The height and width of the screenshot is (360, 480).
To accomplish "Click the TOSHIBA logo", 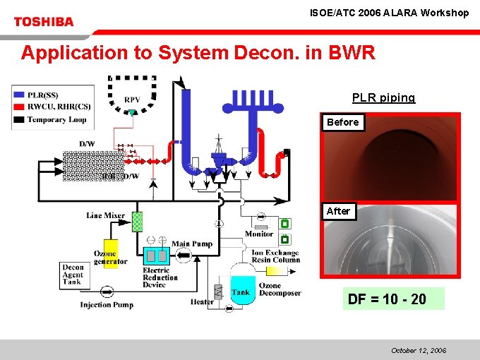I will tap(44, 21).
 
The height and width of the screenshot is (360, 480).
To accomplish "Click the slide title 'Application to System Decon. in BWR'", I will tap(198, 53).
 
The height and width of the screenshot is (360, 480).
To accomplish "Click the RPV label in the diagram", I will tap(132, 100).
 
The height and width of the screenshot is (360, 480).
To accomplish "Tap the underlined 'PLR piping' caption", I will tap(383, 98).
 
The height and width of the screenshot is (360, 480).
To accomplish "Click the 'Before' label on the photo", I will tap(342, 122).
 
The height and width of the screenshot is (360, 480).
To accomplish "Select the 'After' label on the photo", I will tap(338, 211).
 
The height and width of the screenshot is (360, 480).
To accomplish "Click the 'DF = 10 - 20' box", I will tap(393, 299).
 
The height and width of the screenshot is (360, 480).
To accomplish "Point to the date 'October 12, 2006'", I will tap(419, 350).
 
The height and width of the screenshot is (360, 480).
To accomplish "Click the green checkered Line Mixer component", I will tap(138, 221).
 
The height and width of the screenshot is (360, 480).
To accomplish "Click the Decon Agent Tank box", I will tap(73, 275).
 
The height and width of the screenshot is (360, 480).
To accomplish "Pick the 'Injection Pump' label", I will tap(107, 305).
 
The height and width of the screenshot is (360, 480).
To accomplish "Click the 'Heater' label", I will tap(202, 302).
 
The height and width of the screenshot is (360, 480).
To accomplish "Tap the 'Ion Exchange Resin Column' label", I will tap(275, 256).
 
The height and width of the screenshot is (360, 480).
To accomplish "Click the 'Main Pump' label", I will tap(192, 244).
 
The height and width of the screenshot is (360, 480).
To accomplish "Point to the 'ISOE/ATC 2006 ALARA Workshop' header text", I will tap(389, 13).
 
